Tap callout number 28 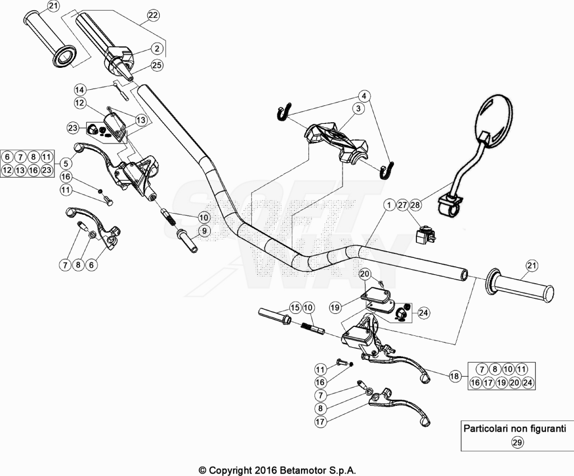(415, 205)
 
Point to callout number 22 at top (154, 15)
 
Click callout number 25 (157, 66)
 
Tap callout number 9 (204, 230)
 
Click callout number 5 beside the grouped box (66, 163)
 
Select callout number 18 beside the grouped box (455, 376)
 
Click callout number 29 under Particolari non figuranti (517, 442)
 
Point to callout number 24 (424, 313)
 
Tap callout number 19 (335, 308)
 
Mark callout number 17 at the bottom (320, 422)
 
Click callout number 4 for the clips (364, 96)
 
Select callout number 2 (157, 48)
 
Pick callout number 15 (295, 308)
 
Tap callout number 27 (402, 205)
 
